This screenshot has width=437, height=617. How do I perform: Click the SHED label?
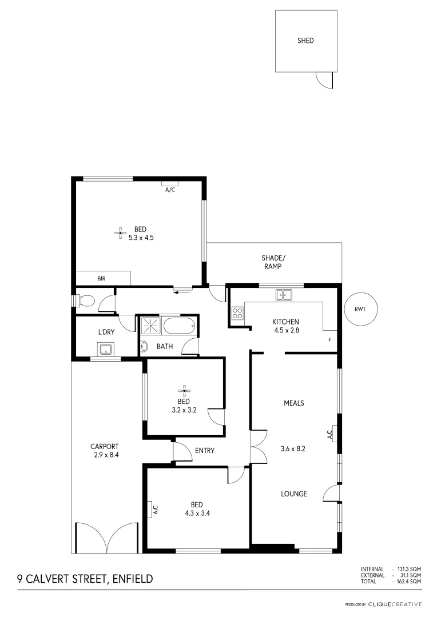pos(305,41)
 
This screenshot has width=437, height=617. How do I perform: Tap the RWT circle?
pos(360,309)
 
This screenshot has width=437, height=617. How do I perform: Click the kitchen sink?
pos(284,295)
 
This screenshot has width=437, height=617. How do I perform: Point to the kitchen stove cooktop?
pos(237,313)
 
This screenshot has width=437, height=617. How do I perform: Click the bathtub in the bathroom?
pos(179,326)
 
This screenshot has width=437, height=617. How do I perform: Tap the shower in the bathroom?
pos(152,326)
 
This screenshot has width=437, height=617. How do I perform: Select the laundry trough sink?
pos(106,348)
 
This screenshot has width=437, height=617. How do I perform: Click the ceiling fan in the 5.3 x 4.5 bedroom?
pos(120,232)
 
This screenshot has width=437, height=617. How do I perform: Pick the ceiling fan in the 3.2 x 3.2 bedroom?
pos(184,391)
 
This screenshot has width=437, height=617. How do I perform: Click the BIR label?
pos(101,279)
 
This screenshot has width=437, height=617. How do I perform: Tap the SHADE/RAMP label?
pos(273,262)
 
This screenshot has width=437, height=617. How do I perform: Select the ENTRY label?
pos(205,451)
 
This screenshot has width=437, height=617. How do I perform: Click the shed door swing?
pos(324,81)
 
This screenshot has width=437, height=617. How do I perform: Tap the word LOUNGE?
pos(294,494)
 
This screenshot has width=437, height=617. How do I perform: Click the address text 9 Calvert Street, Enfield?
pos(85,579)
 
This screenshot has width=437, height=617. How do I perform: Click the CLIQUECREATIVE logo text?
pos(395,604)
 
